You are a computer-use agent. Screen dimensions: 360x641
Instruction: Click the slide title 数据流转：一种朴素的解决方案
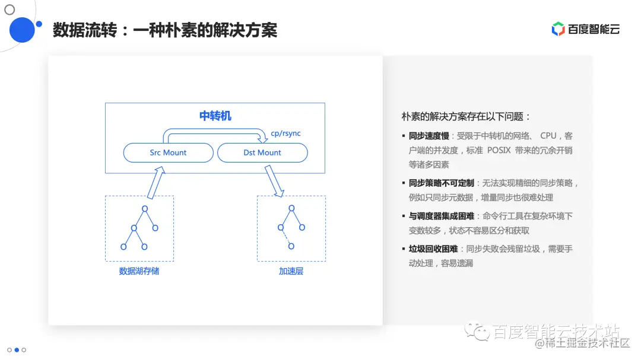[165, 30]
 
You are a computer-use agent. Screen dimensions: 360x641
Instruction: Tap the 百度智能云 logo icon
[558, 29]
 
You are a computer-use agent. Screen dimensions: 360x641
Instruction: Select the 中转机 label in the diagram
[215, 116]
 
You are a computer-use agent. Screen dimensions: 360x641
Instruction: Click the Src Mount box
[168, 152]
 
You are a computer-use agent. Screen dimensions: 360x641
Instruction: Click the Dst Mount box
[262, 152]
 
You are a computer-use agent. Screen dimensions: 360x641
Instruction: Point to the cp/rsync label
[285, 133]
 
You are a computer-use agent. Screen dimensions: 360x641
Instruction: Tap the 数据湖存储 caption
[139, 271]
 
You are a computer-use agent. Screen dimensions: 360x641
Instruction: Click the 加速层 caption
[291, 271]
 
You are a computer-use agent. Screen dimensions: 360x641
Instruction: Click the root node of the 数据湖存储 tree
[144, 208]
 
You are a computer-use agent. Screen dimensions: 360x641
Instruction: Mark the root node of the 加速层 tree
[291, 208]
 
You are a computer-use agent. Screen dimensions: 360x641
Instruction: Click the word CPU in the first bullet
[548, 136]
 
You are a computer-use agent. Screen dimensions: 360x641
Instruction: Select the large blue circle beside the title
[23, 30]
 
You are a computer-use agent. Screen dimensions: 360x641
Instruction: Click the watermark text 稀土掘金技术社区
[587, 343]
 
